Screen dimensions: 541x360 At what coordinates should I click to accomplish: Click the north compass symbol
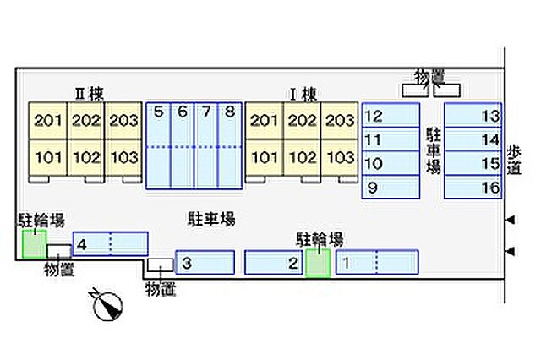107,305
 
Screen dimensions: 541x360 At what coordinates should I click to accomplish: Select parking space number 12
391,115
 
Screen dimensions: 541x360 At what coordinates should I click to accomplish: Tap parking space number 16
473,187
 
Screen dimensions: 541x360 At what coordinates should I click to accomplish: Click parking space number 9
391,187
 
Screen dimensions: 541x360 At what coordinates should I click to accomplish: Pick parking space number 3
205,263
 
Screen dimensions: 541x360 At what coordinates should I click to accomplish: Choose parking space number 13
473,115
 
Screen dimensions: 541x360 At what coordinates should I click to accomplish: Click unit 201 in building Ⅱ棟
47,120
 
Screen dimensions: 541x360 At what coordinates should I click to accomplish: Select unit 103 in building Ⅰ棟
340,158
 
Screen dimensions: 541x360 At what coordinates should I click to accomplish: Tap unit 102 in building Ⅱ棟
86,158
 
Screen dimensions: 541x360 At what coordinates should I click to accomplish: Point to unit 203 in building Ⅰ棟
340,120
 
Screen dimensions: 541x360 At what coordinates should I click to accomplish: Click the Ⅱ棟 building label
89,93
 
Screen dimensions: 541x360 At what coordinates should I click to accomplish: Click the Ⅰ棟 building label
303,94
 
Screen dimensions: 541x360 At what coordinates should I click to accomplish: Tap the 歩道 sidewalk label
514,161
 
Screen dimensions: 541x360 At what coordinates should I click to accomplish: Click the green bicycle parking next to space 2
318,263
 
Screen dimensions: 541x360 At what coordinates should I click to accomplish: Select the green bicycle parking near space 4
34,243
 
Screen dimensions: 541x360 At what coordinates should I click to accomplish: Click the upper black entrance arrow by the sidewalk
511,220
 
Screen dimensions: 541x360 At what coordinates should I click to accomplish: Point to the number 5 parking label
158,112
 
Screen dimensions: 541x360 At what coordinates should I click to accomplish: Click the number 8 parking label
230,112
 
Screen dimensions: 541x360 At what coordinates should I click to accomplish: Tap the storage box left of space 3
161,265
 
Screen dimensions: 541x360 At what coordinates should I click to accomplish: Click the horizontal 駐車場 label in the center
211,219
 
